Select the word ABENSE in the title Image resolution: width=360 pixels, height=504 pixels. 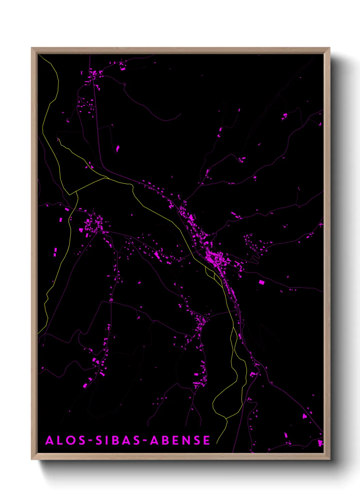coord(180,440)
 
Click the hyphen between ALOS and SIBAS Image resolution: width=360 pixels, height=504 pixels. coord(91,441)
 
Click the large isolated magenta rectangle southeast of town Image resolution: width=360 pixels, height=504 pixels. coord(261,282)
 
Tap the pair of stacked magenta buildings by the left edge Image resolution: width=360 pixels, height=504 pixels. coord(55,252)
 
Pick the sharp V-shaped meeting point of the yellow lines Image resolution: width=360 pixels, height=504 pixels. coord(70,194)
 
